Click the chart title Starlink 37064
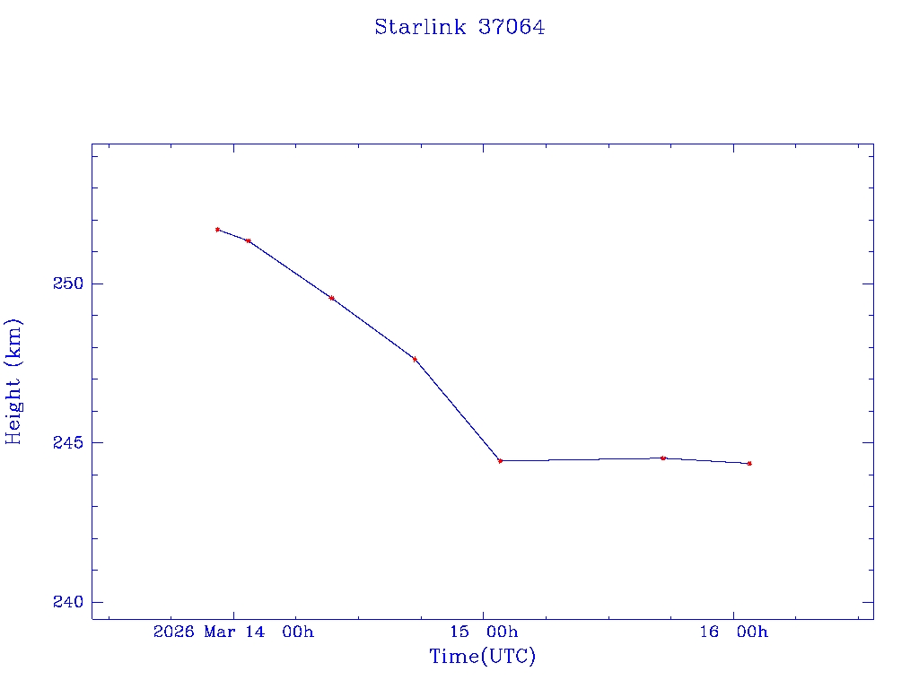[x=459, y=27]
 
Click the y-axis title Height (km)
[x=13, y=381]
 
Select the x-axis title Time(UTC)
[x=482, y=657]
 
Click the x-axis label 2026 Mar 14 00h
[x=233, y=632]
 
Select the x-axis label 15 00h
[x=484, y=632]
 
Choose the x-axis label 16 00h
[x=733, y=632]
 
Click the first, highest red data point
[x=217, y=230]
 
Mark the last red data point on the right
[x=749, y=464]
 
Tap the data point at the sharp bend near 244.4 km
[x=500, y=461]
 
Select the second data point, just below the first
[x=249, y=240]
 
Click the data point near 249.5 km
[x=332, y=298]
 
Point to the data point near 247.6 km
[x=415, y=359]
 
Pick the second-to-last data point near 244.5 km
[x=663, y=458]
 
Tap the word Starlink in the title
[x=420, y=27]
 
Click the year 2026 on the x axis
[x=174, y=632]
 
